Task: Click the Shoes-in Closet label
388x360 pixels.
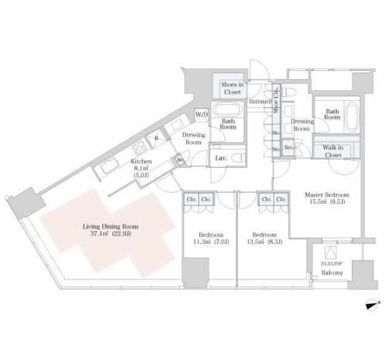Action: (x=232, y=88)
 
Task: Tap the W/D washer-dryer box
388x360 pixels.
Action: (x=202, y=115)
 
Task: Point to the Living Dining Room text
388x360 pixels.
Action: (x=110, y=227)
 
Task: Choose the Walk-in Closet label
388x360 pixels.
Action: (x=333, y=152)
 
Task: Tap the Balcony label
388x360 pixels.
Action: (x=332, y=273)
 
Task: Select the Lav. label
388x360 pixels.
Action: (x=221, y=158)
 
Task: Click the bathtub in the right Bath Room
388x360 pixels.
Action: (x=352, y=118)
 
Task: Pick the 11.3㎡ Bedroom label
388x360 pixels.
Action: (x=211, y=238)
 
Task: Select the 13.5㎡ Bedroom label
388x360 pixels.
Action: (x=264, y=238)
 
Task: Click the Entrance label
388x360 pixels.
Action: (x=260, y=101)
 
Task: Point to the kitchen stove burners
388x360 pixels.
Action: (x=140, y=147)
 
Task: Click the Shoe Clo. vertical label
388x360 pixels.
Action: (x=276, y=100)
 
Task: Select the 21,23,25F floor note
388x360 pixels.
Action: (x=332, y=264)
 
